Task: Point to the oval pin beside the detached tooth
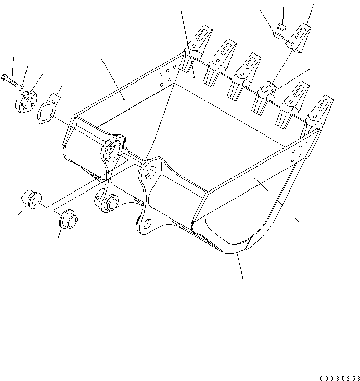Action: coord(278,35)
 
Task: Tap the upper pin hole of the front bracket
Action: coord(150,172)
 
